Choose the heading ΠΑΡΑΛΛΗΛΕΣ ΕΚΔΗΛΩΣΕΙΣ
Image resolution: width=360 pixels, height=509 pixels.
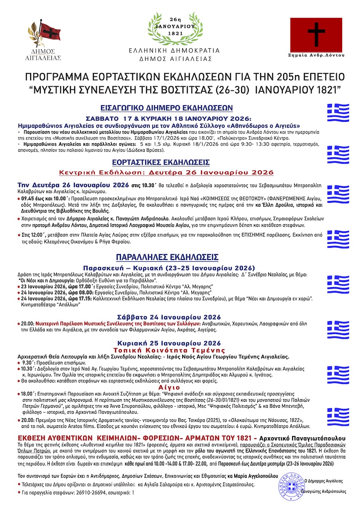pyautogui.click(x=167, y=257)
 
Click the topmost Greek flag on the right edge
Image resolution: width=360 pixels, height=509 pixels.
pyautogui.click(x=337, y=112)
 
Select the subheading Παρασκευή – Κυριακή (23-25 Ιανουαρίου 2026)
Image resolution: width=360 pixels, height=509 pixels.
pyautogui.click(x=169, y=268)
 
